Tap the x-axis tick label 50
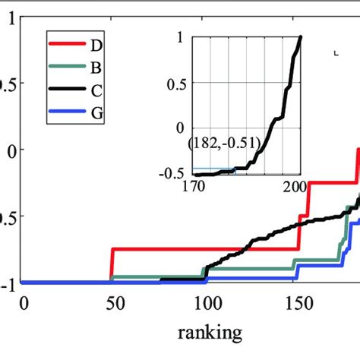(112, 303)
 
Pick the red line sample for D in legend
(67, 45)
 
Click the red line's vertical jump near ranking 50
(112, 264)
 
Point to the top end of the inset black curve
(301, 38)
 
